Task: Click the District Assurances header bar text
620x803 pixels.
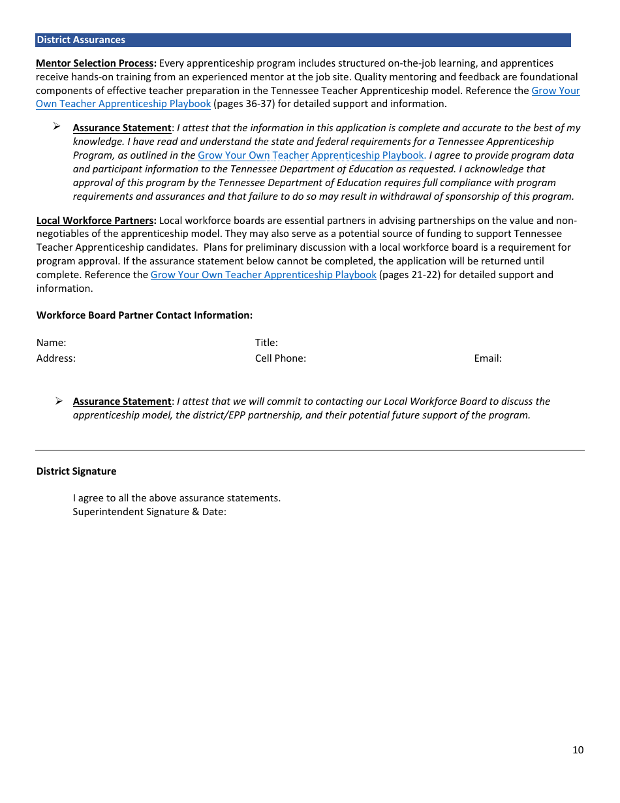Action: pos(81,40)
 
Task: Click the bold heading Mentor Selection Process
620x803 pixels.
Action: pos(96,63)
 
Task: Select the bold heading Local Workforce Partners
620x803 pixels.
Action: pos(96,221)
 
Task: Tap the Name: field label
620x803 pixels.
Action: pos(51,343)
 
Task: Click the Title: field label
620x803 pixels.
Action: pos(266,343)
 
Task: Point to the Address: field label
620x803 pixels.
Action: pos(56,358)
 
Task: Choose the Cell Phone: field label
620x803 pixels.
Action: pos(281,358)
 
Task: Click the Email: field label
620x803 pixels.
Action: pos(488,358)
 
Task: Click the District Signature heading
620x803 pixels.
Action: pos(76,471)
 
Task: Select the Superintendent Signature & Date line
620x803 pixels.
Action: pos(149,512)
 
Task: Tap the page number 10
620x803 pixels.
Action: pos(578,750)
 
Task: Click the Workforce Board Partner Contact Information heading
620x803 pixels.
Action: pos(144,315)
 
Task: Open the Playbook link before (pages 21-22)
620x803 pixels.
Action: pos(263,275)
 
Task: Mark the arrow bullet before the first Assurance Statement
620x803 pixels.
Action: pos(57,126)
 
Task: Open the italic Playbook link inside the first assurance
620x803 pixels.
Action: pos(311,155)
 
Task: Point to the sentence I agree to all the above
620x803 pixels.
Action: pos(176,498)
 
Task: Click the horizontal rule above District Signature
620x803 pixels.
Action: pos(309,450)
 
